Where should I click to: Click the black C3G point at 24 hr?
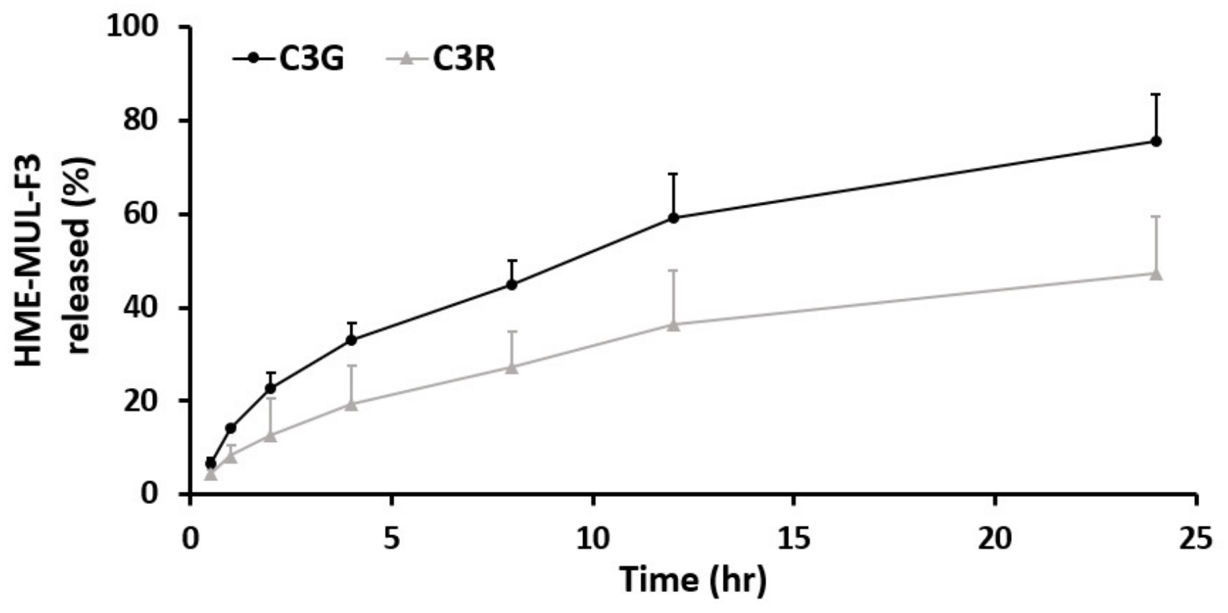tap(1156, 141)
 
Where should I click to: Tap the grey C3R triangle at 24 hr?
tap(1156, 274)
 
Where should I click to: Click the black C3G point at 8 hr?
tap(512, 284)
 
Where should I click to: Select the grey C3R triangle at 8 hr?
tap(512, 368)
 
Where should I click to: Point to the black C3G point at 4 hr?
tap(351, 340)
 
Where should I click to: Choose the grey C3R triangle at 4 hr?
tap(351, 405)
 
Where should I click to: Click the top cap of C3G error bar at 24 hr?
tap(1156, 94)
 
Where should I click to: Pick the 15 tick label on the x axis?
tap(793, 539)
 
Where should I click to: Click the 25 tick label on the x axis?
tap(1196, 539)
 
